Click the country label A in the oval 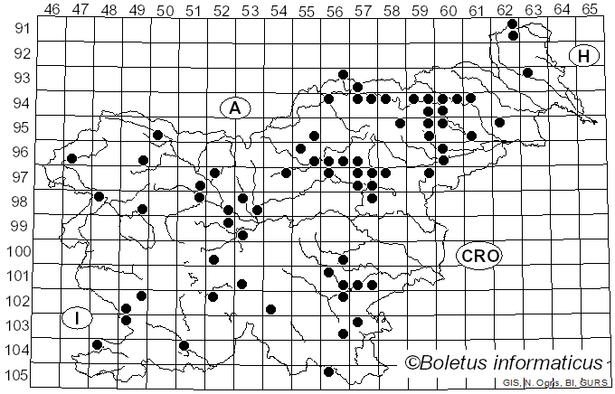pos(234,108)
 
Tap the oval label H pos(584,56)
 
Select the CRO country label pos(478,256)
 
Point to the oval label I pos(78,318)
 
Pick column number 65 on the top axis pos(589,10)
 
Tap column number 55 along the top pos(307,10)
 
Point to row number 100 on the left pos(17,251)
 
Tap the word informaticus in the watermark pos(552,363)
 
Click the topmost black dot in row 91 pos(513,23)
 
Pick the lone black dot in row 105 pos(329,371)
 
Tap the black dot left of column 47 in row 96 pos(71,158)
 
